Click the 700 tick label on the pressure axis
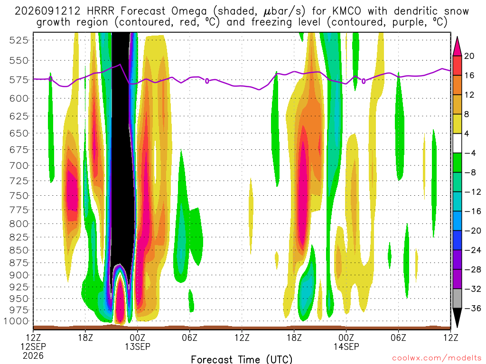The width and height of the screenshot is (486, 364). [19, 165]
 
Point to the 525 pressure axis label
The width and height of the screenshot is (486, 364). [19, 40]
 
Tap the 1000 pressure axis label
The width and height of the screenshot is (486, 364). [16, 321]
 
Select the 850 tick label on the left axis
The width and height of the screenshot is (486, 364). [19, 250]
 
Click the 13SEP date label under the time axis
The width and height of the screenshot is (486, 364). [138, 346]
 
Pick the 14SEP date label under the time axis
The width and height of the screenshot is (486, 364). [346, 346]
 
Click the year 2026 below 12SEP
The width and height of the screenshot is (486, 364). [33, 355]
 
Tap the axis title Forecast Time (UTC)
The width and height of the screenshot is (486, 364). [242, 359]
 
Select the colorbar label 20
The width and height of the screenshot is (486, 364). [469, 56]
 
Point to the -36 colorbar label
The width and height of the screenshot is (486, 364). [473, 308]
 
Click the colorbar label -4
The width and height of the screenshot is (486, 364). [470, 153]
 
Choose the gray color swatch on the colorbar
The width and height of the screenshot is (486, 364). [457, 299]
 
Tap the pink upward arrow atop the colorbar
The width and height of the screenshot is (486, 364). [457, 46]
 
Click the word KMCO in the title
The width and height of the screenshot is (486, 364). [347, 11]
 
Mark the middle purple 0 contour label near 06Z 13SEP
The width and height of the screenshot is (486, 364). [207, 81]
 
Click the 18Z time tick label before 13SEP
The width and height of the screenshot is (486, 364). [85, 337]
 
